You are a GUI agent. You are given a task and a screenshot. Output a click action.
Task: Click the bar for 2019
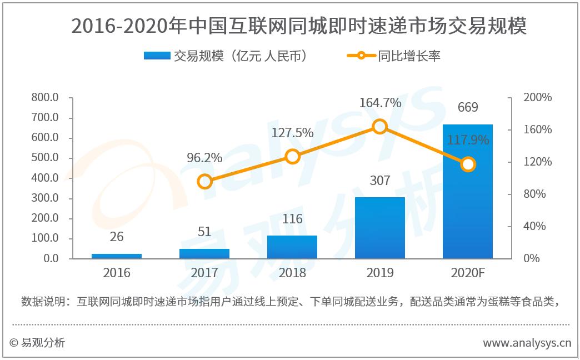click(x=380, y=228)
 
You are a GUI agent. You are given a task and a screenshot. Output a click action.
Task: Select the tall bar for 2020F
click(x=468, y=192)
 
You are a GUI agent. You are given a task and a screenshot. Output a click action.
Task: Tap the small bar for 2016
click(x=117, y=256)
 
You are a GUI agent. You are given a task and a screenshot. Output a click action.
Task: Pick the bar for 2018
click(x=292, y=247)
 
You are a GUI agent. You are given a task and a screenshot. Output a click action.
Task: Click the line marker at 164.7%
click(x=380, y=127)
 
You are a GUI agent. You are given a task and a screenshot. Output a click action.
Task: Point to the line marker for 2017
click(x=204, y=182)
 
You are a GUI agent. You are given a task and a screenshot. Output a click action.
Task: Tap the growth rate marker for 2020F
click(x=468, y=164)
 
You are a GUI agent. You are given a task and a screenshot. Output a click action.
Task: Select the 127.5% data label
click(x=292, y=133)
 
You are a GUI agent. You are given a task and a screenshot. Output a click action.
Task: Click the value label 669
click(x=468, y=107)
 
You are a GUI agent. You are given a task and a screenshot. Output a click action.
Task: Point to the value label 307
click(x=380, y=181)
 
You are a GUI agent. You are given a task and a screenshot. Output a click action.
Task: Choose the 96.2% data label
click(x=204, y=158)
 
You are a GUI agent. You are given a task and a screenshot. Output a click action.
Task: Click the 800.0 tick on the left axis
click(x=46, y=98)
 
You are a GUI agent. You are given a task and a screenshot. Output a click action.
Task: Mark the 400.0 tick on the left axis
click(x=46, y=178)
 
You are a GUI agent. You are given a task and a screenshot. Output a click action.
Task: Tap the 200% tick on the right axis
click(x=537, y=98)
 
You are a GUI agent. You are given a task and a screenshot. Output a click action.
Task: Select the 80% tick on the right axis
click(x=534, y=194)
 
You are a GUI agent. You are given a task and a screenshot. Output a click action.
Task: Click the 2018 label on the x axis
click(x=292, y=273)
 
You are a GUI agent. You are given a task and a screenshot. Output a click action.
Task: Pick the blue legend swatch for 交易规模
click(x=157, y=56)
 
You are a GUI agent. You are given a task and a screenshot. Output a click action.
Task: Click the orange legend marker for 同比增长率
click(x=361, y=56)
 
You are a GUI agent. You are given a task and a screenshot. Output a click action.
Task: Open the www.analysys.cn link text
click(x=527, y=343)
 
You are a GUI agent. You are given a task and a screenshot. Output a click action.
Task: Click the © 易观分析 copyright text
click(x=37, y=343)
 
